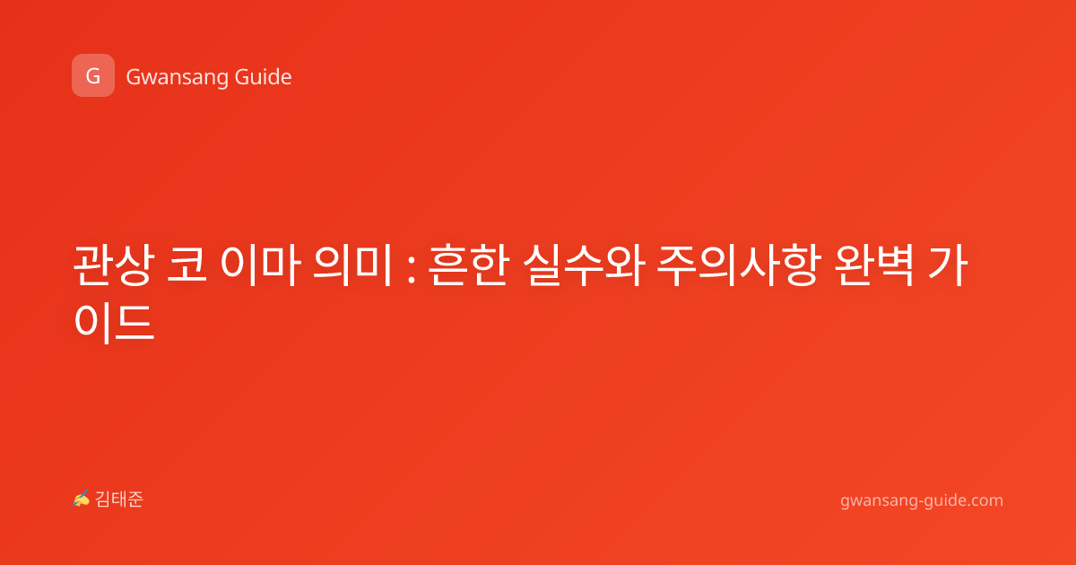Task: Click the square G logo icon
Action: [93, 75]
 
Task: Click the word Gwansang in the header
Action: [177, 77]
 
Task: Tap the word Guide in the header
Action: [263, 76]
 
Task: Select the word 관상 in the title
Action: [114, 265]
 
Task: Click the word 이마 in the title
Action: [261, 265]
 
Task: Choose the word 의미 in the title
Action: [353, 265]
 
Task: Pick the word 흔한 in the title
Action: [468, 265]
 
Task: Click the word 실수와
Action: [584, 265]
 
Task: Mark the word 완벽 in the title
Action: [873, 265]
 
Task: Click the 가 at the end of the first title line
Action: [947, 265]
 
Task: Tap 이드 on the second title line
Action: [115, 322]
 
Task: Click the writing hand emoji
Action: [82, 499]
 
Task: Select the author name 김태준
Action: [119, 500]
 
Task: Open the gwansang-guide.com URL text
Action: [922, 500]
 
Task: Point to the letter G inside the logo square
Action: [93, 76]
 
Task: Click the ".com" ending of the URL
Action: [984, 500]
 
